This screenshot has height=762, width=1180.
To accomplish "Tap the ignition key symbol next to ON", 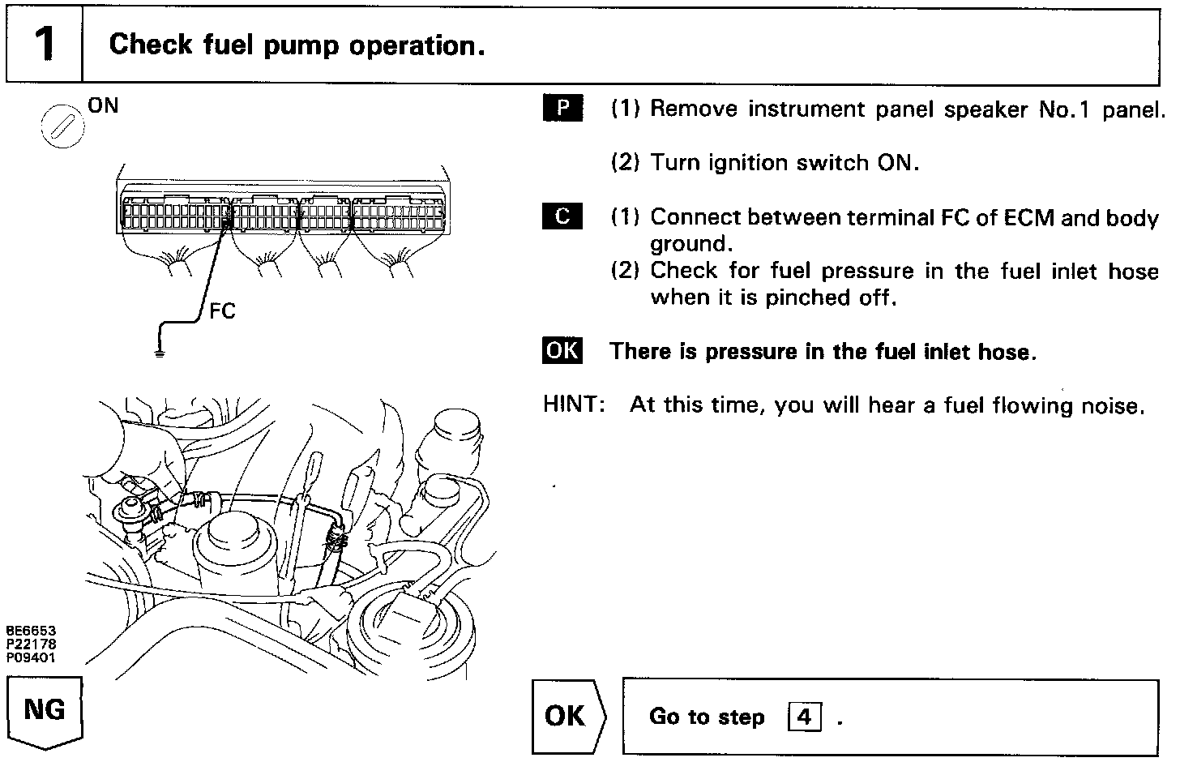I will (x=62, y=126).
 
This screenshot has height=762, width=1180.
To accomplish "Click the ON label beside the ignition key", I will (x=103, y=105).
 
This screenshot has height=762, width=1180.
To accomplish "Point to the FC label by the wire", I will (x=222, y=310).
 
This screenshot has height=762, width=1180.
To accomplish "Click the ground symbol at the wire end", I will (x=160, y=352).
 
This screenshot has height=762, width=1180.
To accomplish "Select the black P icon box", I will (x=562, y=109).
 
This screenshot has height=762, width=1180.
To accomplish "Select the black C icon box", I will (x=562, y=216).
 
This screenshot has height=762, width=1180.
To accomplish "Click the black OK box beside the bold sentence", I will (x=562, y=350).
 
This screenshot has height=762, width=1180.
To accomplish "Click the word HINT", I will (x=574, y=404).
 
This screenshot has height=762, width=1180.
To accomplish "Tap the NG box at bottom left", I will (x=45, y=711).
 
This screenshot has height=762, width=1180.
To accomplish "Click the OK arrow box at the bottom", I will (x=567, y=716).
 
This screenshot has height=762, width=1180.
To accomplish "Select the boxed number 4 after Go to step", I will (x=804, y=717).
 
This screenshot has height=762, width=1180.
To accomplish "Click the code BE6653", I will (x=31, y=631).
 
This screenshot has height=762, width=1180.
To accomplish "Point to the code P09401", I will (x=31, y=657).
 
